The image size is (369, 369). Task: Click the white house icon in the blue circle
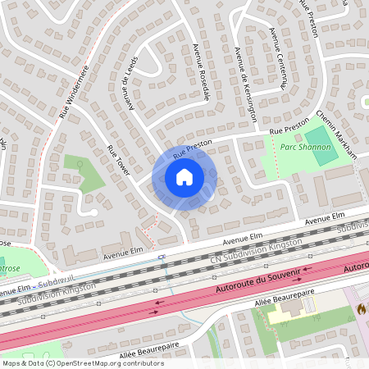point(184,176)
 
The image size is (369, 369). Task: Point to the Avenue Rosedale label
point(201,71)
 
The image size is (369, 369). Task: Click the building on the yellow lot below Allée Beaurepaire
point(292,307)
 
